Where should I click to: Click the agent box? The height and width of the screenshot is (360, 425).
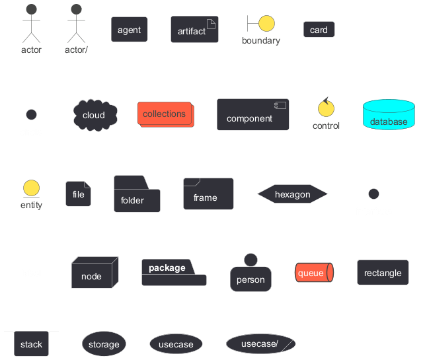click(130, 30)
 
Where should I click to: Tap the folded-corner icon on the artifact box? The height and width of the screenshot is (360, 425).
click(211, 24)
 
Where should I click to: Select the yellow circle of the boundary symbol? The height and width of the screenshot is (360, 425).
click(266, 24)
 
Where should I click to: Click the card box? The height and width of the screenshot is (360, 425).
click(319, 30)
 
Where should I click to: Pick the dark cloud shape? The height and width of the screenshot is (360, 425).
click(95, 115)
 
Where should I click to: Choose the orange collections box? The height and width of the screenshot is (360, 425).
click(166, 114)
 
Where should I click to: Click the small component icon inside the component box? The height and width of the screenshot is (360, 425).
click(280, 105)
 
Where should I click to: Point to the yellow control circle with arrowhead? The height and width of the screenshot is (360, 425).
click(326, 108)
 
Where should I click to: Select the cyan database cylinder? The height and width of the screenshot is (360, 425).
click(389, 114)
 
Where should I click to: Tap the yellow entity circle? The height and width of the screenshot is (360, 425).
click(32, 188)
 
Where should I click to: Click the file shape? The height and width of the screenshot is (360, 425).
click(79, 194)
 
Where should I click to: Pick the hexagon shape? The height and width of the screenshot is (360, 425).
click(292, 194)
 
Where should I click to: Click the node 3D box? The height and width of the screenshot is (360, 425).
click(95, 272)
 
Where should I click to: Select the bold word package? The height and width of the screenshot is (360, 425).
click(167, 268)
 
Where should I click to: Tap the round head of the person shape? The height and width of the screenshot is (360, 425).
click(251, 260)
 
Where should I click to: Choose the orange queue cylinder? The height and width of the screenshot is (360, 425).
click(314, 273)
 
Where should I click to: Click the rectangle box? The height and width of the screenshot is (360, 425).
click(383, 273)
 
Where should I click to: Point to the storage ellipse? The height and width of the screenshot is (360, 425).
click(104, 343)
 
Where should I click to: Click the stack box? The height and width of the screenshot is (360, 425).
click(32, 343)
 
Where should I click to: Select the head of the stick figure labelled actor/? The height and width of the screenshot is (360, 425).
click(77, 9)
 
